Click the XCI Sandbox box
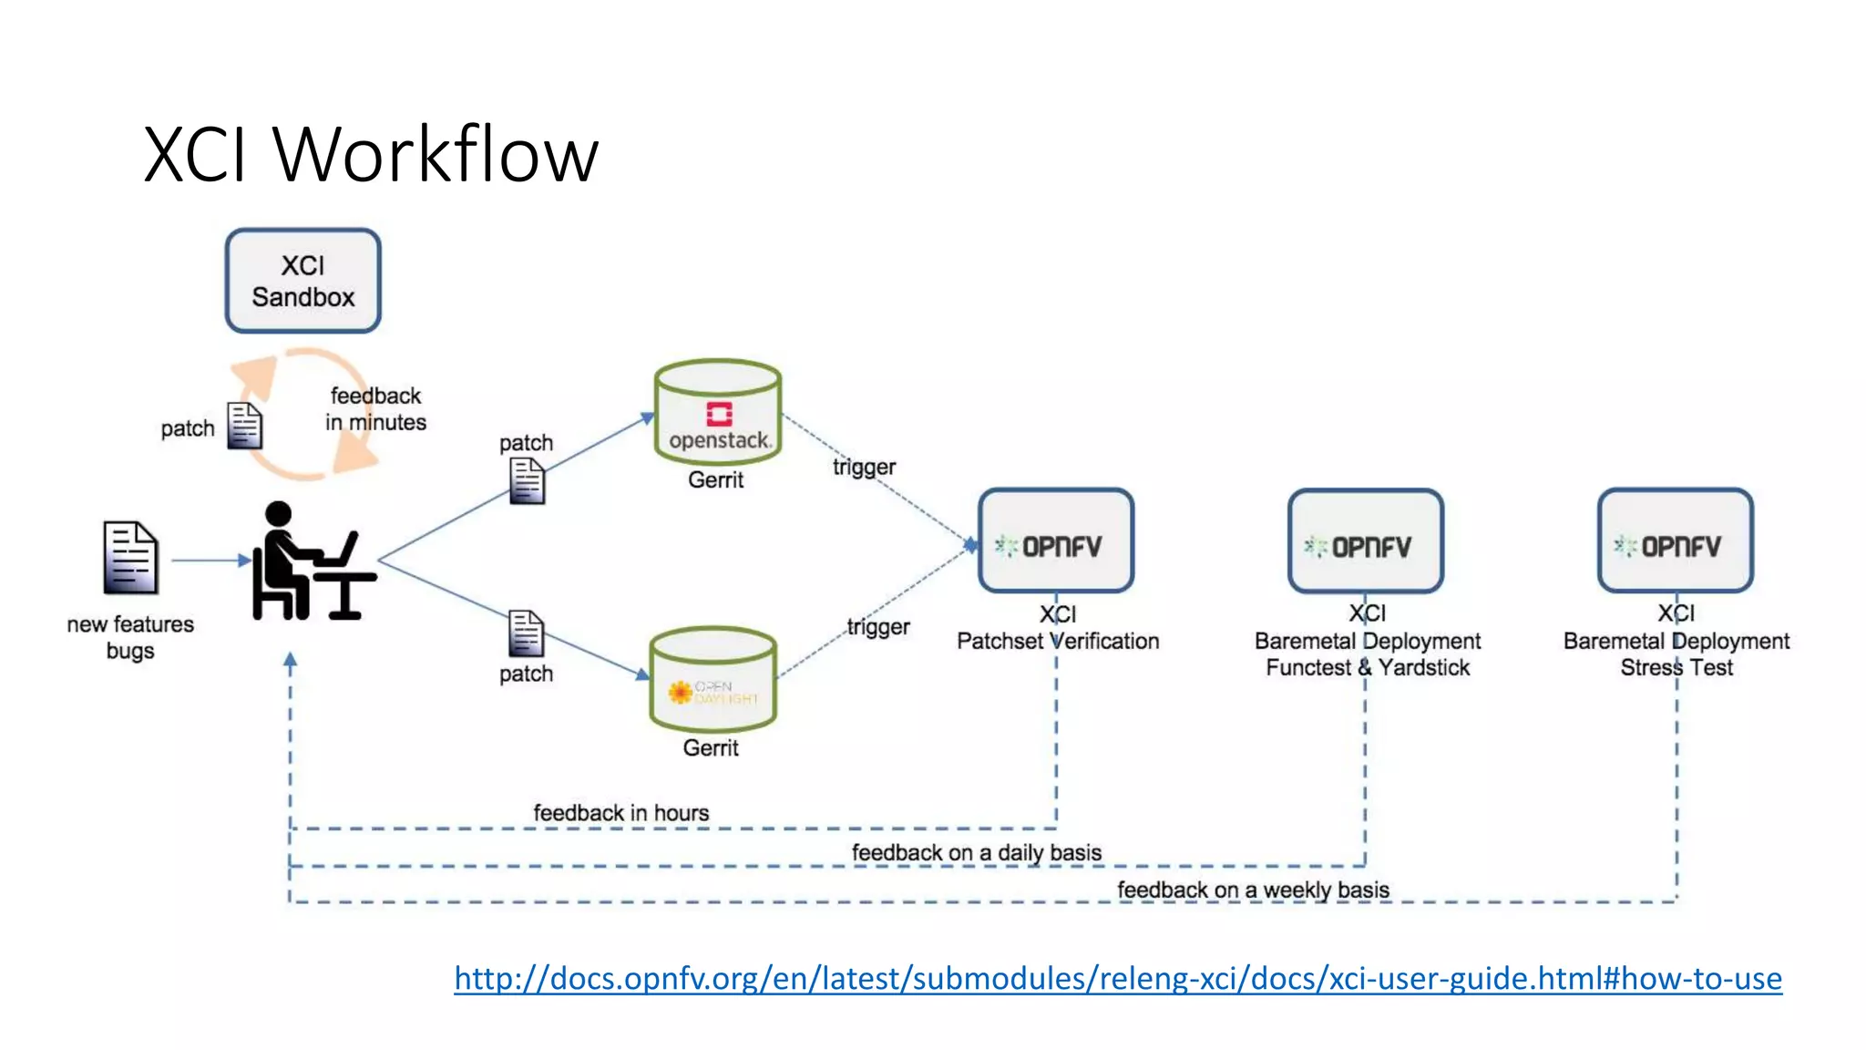click(x=302, y=281)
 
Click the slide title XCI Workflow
click(x=371, y=154)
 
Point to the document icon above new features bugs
click(x=130, y=557)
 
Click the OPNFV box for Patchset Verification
click(x=1056, y=541)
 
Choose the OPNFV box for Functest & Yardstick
click(x=1365, y=541)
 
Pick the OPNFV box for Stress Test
click(x=1675, y=541)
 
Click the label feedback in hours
click(x=620, y=812)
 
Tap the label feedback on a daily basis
click(x=976, y=852)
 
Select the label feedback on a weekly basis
click(x=1253, y=890)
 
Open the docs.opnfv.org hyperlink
click(x=1117, y=978)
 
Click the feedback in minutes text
click(x=375, y=409)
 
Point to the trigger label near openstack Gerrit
click(x=864, y=467)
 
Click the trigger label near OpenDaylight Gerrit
click(x=877, y=627)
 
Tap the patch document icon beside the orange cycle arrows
click(x=244, y=426)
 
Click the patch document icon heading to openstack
click(x=527, y=480)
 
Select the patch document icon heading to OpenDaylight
click(x=526, y=633)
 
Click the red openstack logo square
click(x=719, y=415)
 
